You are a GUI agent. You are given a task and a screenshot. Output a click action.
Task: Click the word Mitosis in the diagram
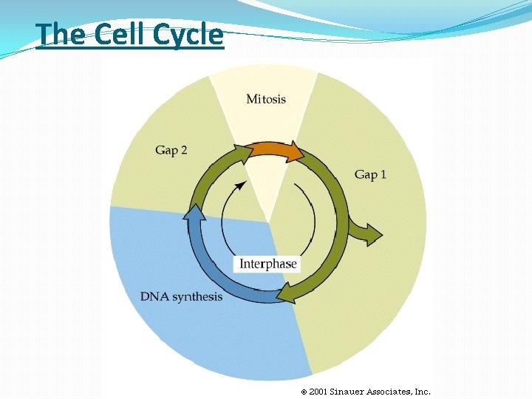click(x=265, y=98)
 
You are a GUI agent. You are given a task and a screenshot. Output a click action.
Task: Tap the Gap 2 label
click(x=171, y=150)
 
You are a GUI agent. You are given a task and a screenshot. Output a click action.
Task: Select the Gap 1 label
click(x=370, y=174)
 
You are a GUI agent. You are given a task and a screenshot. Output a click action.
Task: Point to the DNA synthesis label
click(x=181, y=296)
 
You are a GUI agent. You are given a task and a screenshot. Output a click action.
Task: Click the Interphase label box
click(x=267, y=264)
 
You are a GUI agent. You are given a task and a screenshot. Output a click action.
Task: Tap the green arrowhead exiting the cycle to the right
click(x=372, y=235)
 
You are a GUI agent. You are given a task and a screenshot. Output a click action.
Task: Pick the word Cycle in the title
click(x=188, y=35)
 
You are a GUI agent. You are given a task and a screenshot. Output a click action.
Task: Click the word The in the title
click(x=61, y=35)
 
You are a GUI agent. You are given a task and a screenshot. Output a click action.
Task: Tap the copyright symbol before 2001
click(x=303, y=392)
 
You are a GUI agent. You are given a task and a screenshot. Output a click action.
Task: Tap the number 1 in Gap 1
click(x=383, y=174)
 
